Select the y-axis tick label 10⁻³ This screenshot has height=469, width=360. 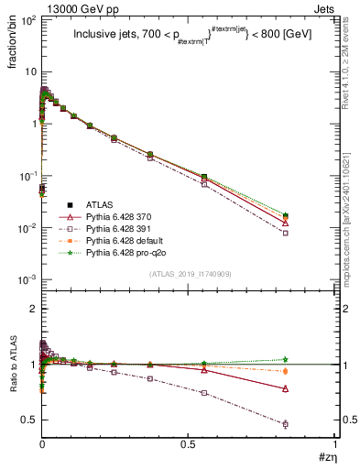coord(27,278)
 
